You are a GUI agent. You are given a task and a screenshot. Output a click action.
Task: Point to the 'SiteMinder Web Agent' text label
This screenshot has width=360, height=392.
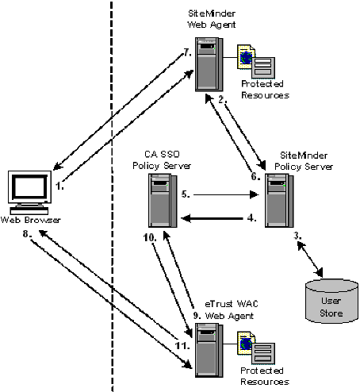pos(210,19)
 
